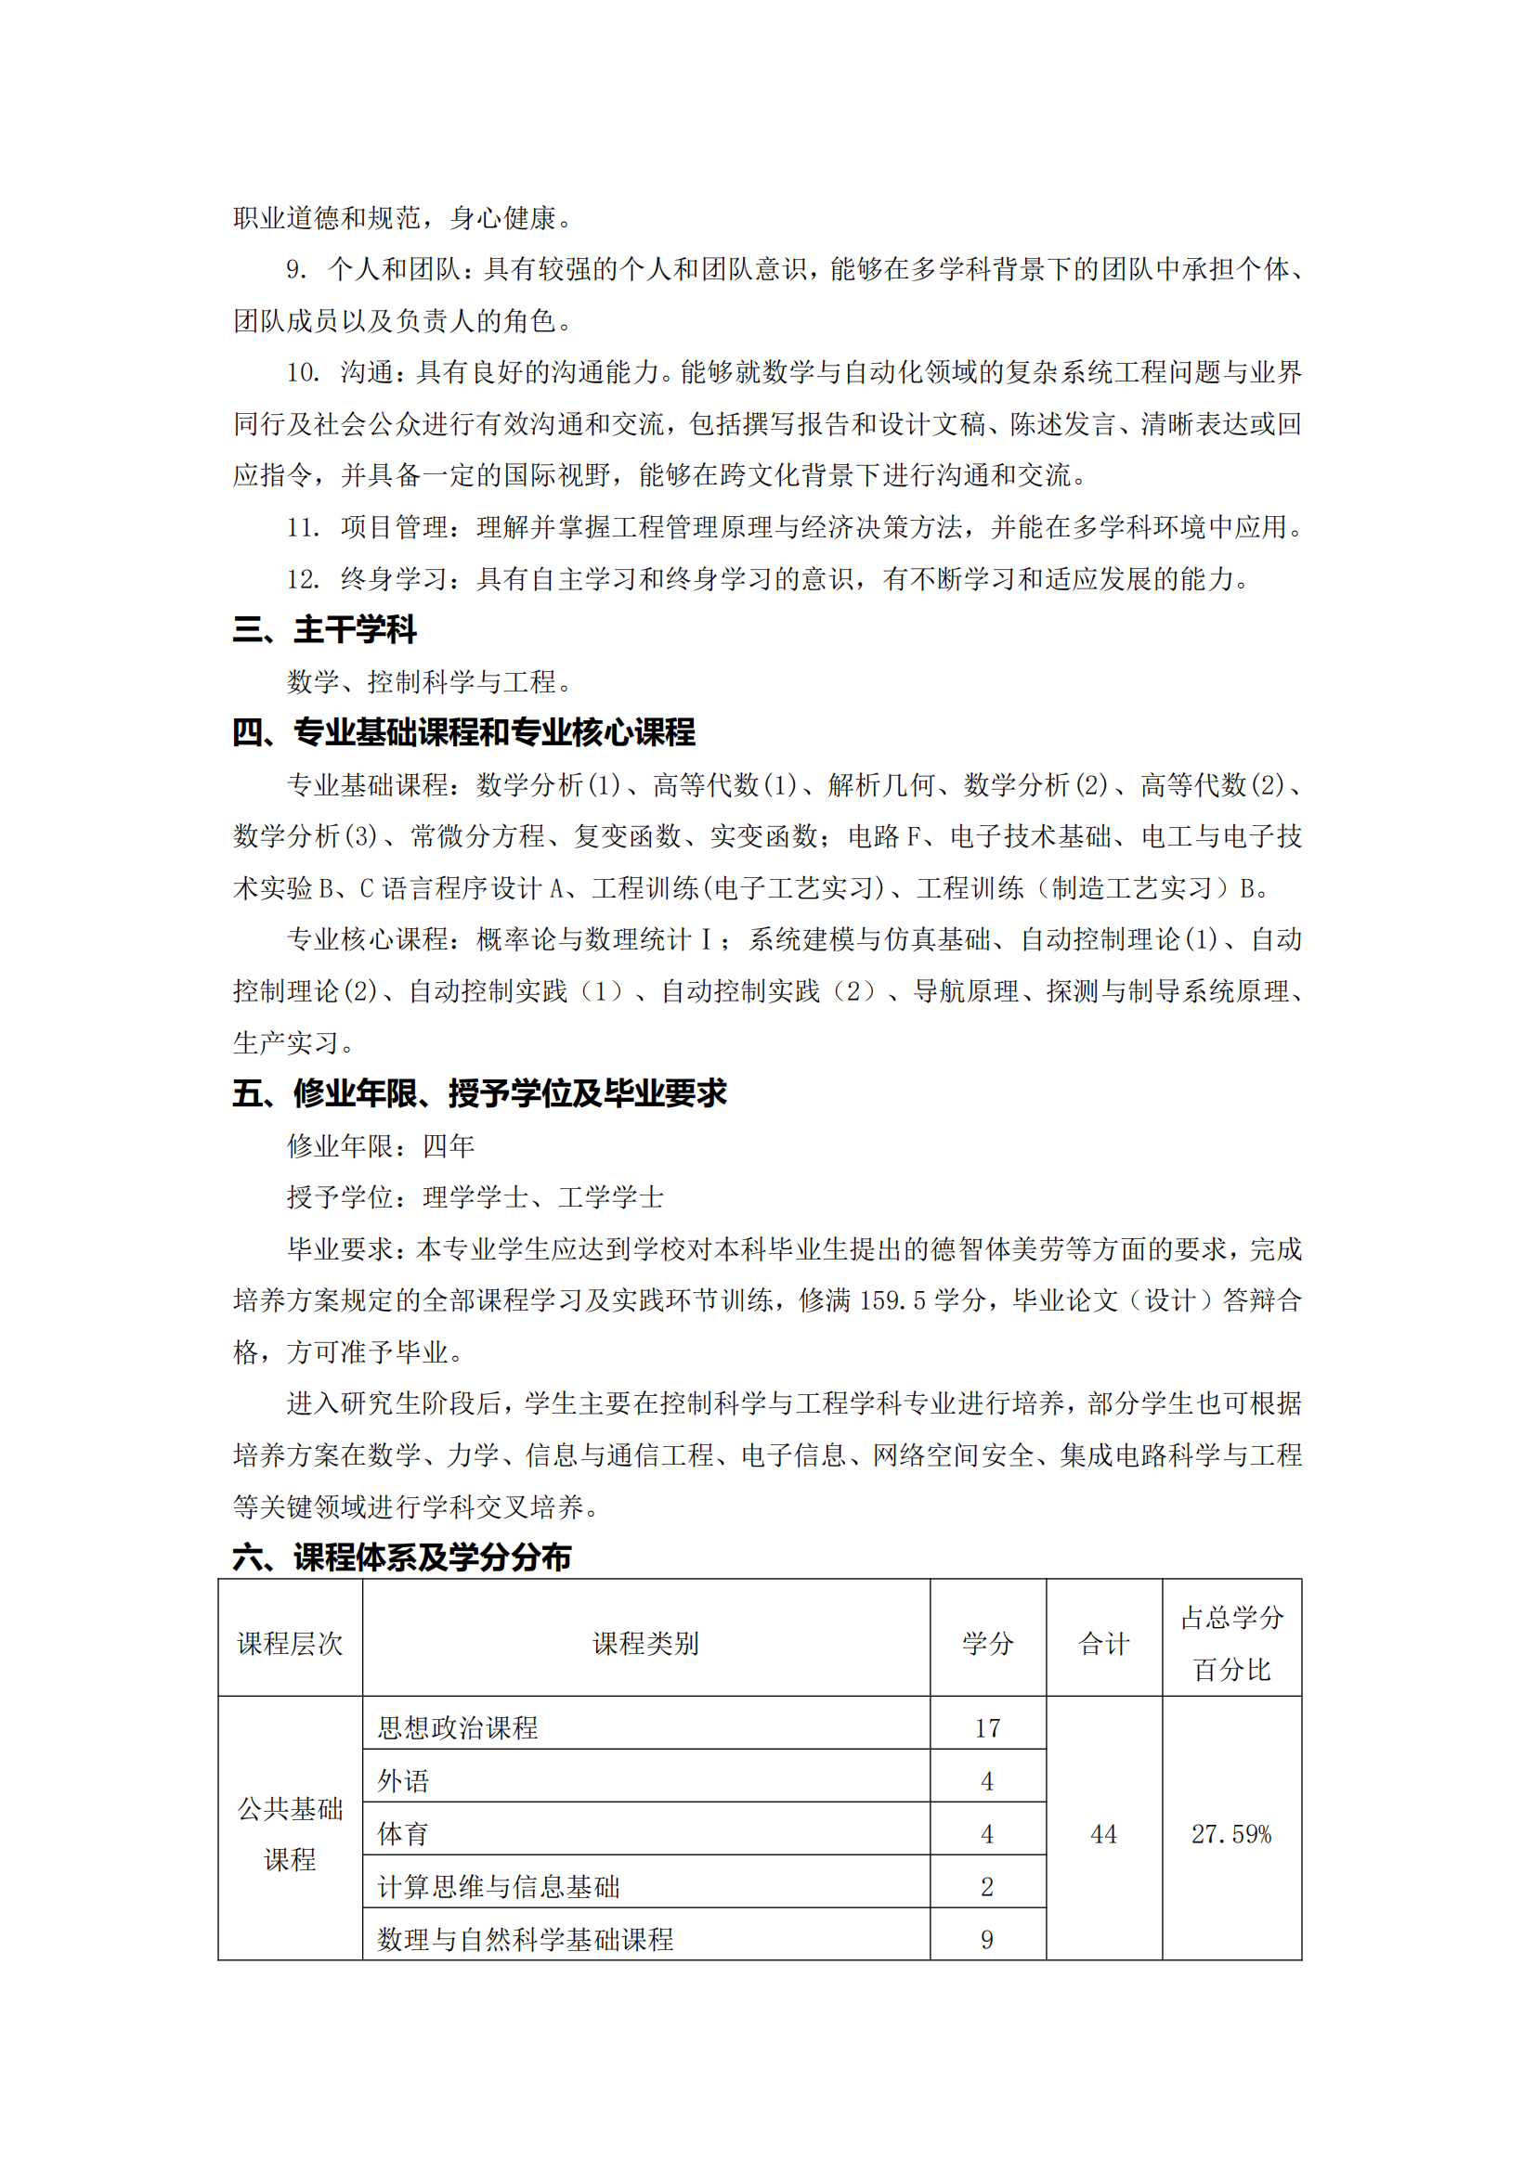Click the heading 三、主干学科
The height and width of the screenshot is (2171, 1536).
(x=324, y=629)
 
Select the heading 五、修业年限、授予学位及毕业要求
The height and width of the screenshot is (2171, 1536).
(x=479, y=1093)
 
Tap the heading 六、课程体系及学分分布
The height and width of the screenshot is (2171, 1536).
(x=402, y=1557)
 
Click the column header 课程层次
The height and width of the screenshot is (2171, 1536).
(x=290, y=1644)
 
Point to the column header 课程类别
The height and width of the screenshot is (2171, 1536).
(x=645, y=1644)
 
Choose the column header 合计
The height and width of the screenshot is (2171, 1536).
(x=1103, y=1644)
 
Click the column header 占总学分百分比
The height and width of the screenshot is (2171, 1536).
(x=1231, y=1644)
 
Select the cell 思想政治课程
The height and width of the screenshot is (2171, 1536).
(x=458, y=1728)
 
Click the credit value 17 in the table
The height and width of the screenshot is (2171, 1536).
(x=987, y=1728)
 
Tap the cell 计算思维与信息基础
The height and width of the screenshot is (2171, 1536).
(x=499, y=1887)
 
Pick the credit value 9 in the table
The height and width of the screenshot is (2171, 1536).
(x=987, y=1940)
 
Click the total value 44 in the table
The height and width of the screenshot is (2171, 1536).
(x=1103, y=1834)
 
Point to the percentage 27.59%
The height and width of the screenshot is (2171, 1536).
(x=1231, y=1834)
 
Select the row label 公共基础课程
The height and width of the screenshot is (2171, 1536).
(x=290, y=1834)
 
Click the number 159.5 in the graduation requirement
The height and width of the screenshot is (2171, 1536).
(x=892, y=1301)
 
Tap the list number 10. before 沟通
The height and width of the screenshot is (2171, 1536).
(x=304, y=372)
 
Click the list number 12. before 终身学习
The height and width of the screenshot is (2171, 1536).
(x=304, y=578)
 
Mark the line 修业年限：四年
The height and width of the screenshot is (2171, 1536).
(x=380, y=1146)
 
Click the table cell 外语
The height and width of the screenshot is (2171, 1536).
(x=404, y=1781)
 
